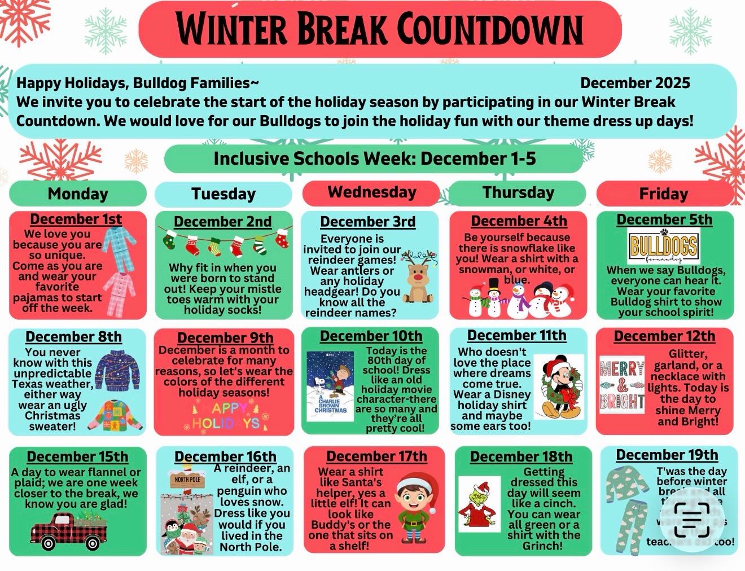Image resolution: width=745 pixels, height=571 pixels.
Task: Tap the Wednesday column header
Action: tap(371, 192)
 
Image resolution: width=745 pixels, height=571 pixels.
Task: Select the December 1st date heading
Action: tap(76, 219)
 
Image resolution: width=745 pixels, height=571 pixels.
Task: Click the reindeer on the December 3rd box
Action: tap(418, 276)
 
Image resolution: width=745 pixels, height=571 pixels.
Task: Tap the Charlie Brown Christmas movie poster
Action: tap(330, 386)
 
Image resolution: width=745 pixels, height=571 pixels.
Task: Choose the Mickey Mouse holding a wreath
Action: tap(558, 386)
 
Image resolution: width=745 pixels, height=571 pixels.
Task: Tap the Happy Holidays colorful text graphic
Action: tap(226, 416)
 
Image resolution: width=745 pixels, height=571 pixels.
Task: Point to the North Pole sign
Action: tap(187, 480)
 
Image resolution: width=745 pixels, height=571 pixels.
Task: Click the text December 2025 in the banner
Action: tap(635, 83)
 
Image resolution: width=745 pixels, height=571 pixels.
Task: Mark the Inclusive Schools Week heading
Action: tap(374, 159)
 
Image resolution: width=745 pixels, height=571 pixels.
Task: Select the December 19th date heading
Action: tap(667, 455)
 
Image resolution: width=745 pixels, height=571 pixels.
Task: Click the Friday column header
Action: tap(663, 194)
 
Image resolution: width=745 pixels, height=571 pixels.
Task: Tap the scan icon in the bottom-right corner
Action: tap(692, 520)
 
